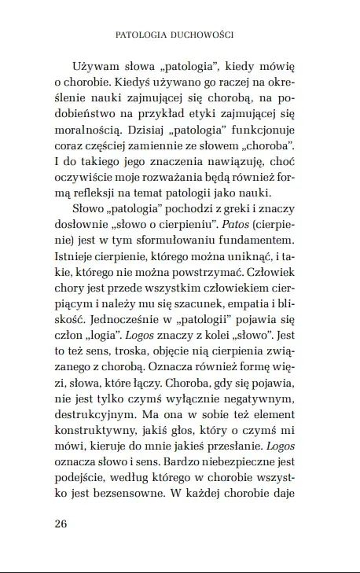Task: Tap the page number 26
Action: (x=63, y=524)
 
